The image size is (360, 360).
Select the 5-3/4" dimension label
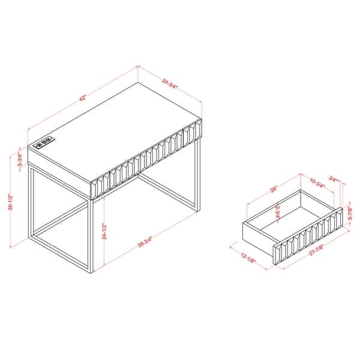click(20, 161)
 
